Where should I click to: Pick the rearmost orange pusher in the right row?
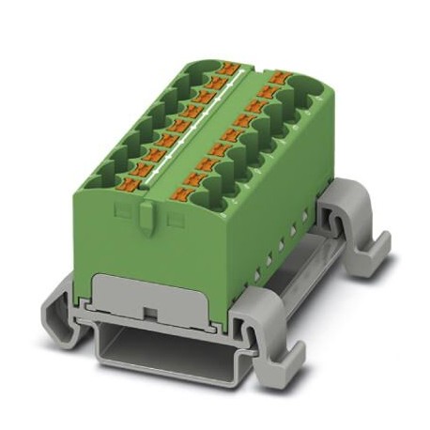[279, 75]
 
